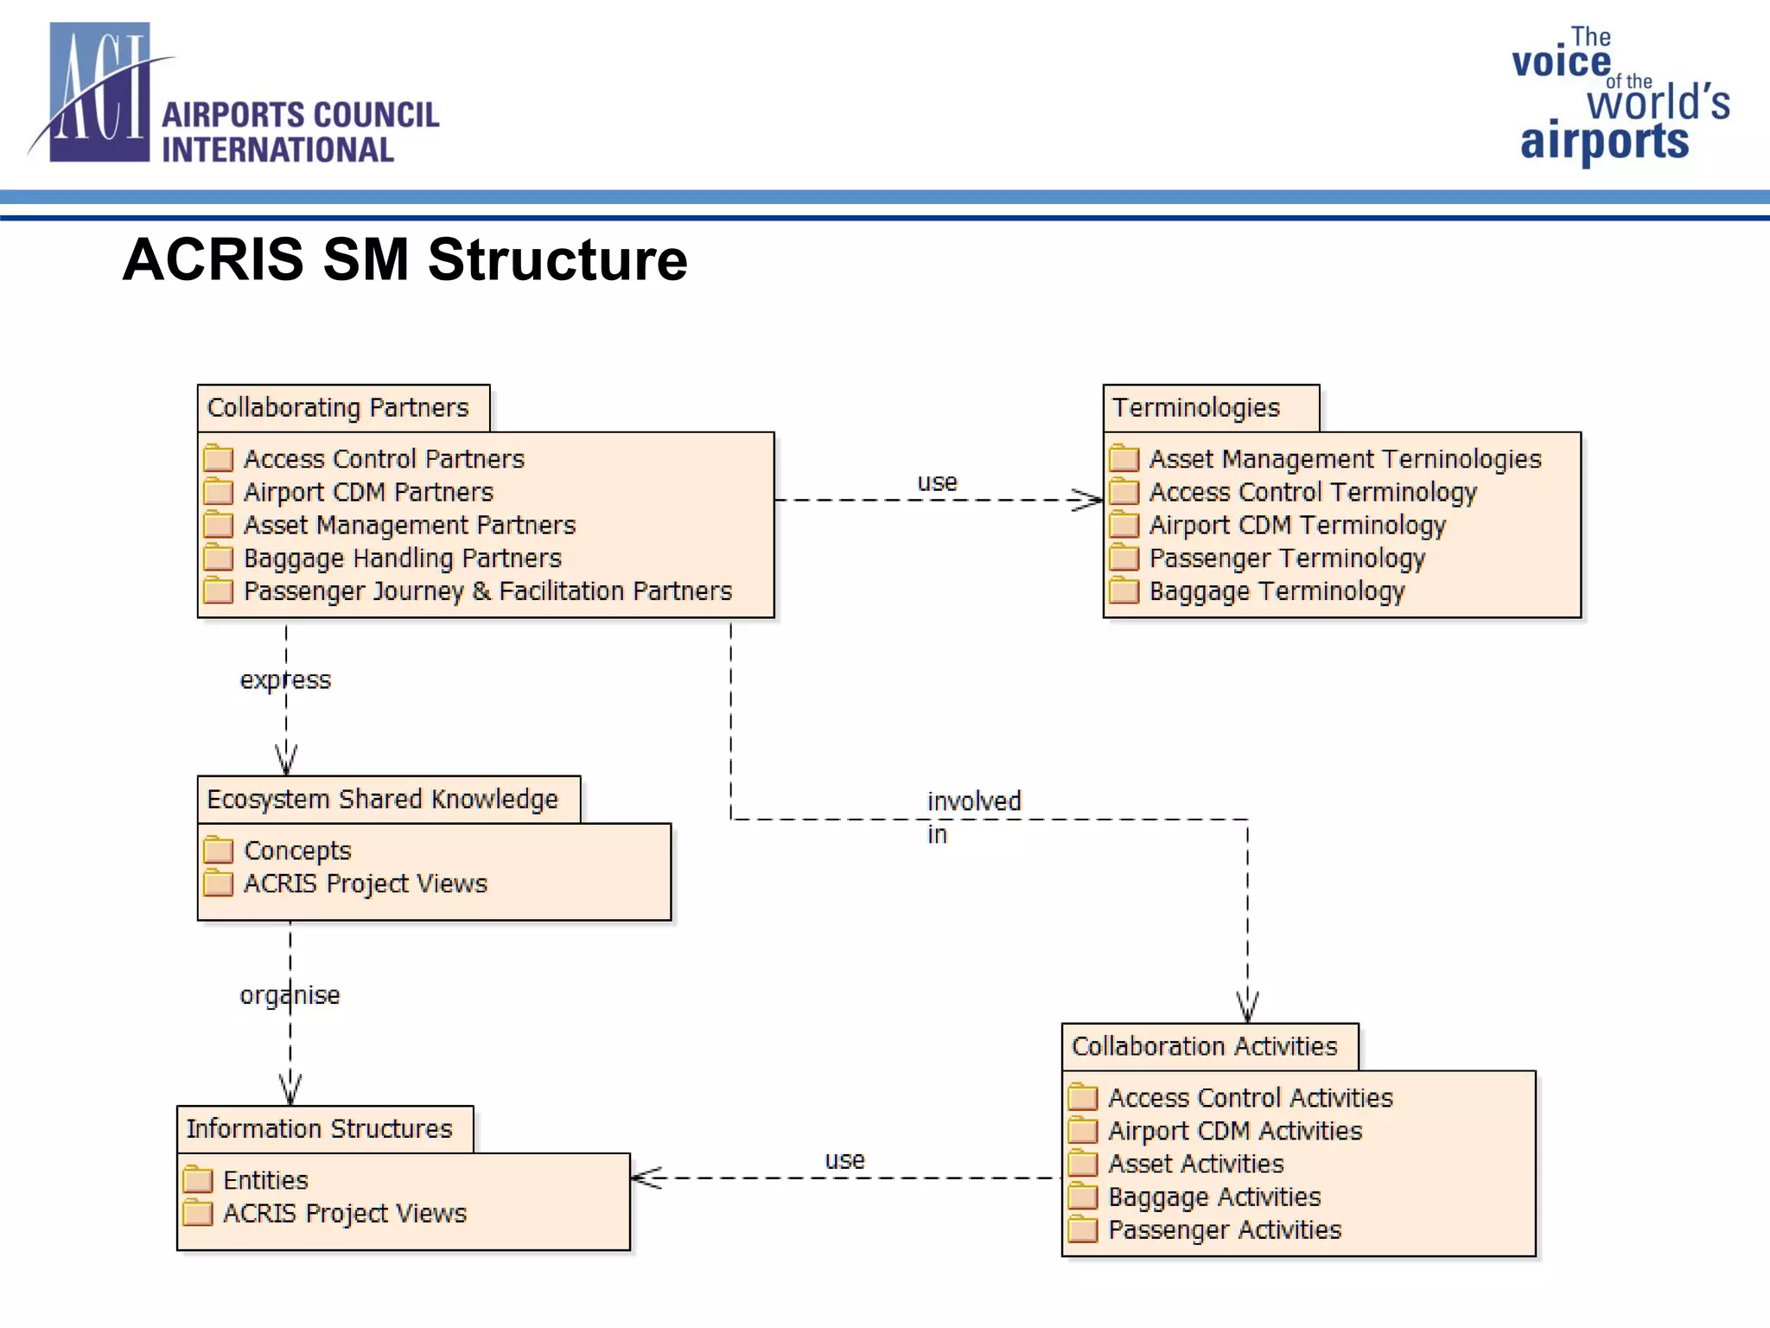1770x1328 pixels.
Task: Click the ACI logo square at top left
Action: click(99, 93)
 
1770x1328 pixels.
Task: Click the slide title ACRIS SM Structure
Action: click(404, 259)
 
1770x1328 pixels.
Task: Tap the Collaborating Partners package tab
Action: click(338, 407)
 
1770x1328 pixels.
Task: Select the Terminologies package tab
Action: click(1196, 407)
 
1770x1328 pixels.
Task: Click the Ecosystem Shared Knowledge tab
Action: click(383, 799)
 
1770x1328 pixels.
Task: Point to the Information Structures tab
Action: click(319, 1128)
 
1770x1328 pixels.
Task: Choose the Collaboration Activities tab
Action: click(1204, 1046)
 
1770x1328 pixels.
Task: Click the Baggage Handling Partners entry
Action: click(402, 559)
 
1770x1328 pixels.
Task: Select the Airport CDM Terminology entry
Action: click(1296, 525)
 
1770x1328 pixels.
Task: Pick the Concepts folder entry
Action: click(297, 851)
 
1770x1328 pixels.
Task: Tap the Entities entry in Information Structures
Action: click(265, 1180)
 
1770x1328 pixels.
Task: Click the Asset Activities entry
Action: click(1195, 1164)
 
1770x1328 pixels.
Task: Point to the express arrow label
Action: click(285, 680)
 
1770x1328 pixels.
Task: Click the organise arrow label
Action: click(290, 995)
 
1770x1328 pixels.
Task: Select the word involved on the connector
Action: click(974, 801)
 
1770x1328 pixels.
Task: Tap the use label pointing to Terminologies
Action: click(937, 482)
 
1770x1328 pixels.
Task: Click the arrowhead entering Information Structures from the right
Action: click(645, 1178)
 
